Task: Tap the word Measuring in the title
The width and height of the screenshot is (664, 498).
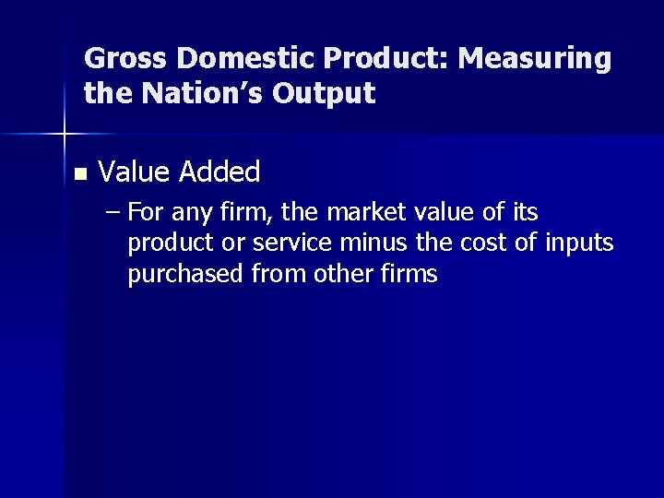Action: point(534,59)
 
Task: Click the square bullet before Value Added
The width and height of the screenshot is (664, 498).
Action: point(78,172)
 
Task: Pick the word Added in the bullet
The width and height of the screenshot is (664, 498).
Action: point(220,171)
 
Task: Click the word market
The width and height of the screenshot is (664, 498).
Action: point(351,214)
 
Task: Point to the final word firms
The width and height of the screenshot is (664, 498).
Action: point(408,275)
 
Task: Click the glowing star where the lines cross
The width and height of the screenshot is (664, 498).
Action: point(64,135)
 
